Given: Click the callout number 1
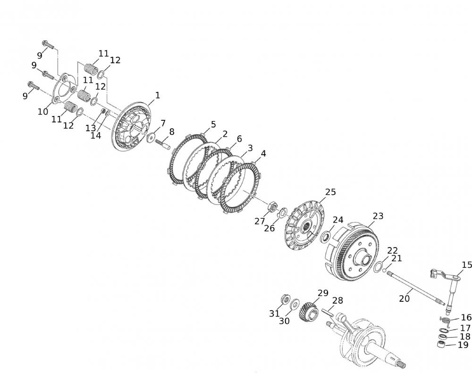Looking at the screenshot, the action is click(157, 95).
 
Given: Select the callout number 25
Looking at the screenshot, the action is click(330, 192).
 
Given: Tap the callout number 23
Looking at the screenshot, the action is click(378, 216).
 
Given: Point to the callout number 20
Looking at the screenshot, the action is click(405, 298).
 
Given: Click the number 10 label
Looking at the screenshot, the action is click(43, 112).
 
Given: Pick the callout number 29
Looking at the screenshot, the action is click(323, 293).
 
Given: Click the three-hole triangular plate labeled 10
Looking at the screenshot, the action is click(64, 88).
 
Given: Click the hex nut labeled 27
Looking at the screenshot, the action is click(272, 207).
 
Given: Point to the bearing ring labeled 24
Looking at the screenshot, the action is click(325, 236).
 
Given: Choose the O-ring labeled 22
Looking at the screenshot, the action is click(379, 267).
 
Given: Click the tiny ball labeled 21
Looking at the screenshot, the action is click(384, 270).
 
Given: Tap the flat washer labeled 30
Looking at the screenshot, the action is click(295, 304).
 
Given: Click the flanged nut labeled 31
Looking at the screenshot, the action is click(285, 299).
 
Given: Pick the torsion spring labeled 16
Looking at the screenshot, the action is click(445, 321).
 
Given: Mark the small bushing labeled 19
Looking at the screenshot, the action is click(442, 343).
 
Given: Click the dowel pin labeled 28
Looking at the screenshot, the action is click(328, 312).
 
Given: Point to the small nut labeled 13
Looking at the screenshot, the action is click(103, 111).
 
